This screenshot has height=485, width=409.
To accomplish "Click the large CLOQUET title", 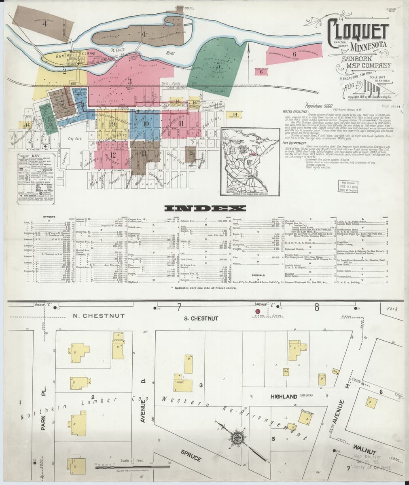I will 357,30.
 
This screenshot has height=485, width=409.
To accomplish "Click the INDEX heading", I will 205,209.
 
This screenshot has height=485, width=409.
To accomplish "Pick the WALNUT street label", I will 365,448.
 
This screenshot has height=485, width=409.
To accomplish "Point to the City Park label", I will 75,139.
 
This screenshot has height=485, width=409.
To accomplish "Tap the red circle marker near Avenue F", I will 258,311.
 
